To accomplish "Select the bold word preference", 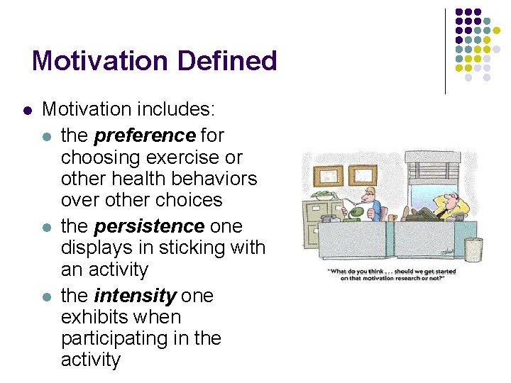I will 144,135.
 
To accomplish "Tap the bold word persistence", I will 149,226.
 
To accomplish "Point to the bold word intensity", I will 135,295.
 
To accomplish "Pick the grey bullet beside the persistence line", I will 46,227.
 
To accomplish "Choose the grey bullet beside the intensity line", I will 46,296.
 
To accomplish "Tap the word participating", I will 106,338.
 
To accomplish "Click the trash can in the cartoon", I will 473,250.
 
